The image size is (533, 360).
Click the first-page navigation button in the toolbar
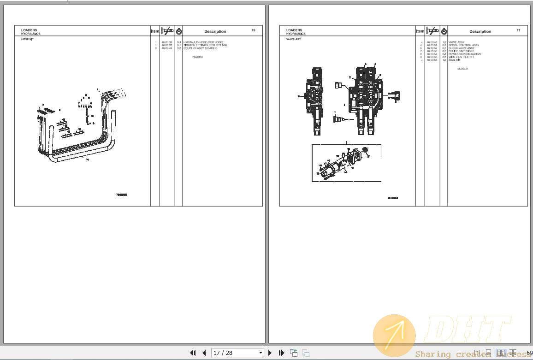click(x=193, y=353)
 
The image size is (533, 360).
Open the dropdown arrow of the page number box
click(x=261, y=353)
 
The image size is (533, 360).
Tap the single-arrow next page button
click(x=270, y=353)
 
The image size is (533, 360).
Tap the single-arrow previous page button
click(x=204, y=353)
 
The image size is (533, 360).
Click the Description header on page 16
click(x=215, y=31)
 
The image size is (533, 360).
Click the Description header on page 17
click(x=480, y=31)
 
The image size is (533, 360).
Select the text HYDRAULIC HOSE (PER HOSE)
click(x=203, y=42)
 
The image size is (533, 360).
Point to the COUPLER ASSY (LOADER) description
click(x=200, y=48)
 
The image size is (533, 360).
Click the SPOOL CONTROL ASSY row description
click(x=463, y=45)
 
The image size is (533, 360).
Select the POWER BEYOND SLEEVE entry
click(x=465, y=54)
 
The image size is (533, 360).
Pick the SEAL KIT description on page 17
click(x=454, y=60)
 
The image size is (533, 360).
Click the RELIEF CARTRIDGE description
click(x=461, y=51)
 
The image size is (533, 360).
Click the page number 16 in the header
click(x=253, y=30)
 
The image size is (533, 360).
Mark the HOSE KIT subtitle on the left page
click(x=27, y=40)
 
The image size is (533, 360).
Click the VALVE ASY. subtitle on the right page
click(x=294, y=40)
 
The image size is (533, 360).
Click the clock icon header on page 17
click(x=444, y=31)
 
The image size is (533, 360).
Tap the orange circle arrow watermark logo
click(x=394, y=335)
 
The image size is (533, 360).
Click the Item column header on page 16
click(x=155, y=31)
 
